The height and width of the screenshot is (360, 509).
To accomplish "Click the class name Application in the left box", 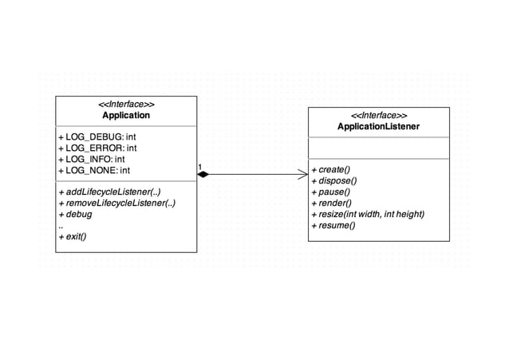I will tap(125, 116).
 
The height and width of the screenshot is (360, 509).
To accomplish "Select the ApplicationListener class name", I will tap(378, 127).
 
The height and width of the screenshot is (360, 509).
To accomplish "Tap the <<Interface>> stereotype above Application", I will tap(125, 105).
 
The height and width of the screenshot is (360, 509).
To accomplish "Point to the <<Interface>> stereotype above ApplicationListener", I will tap(378, 116).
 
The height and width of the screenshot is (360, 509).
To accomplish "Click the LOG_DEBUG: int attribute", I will tap(98, 137).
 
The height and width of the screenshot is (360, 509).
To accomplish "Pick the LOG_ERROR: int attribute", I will tap(97, 148).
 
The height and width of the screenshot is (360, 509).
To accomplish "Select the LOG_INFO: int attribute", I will tap(92, 160).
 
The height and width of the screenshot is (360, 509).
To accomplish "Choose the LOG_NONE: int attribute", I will tap(94, 171).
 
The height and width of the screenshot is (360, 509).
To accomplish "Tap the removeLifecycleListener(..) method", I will tap(116, 204).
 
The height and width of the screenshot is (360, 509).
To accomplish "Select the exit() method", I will tap(73, 237).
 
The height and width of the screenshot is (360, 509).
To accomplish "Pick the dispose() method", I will tap(333, 181).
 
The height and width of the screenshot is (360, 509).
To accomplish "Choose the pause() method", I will tap(331, 192).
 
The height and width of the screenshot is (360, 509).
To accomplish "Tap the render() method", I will tap(332, 204).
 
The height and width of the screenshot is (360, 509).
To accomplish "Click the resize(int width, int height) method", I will tap(367, 215).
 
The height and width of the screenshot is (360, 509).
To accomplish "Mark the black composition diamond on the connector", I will tap(203, 173).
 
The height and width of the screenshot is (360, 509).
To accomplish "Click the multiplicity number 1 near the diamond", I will tap(200, 166).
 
